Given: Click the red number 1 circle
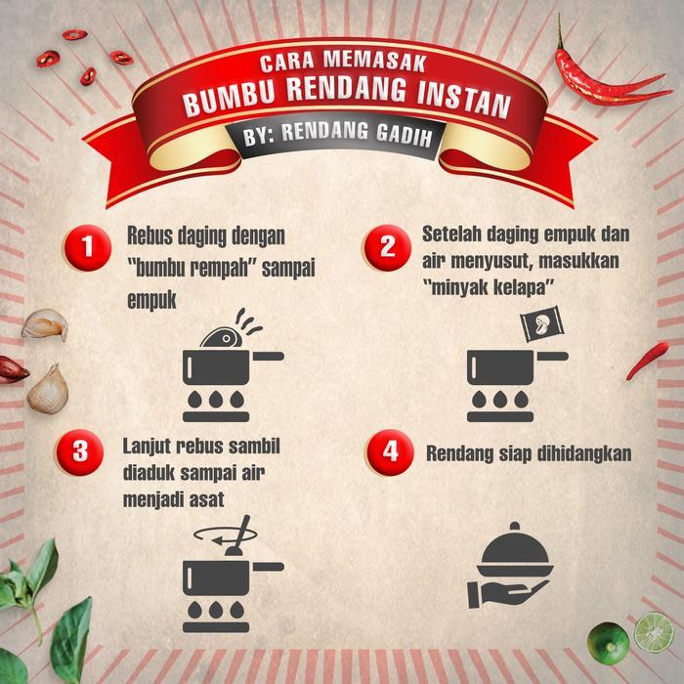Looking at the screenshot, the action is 88,247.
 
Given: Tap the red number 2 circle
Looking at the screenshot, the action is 388,247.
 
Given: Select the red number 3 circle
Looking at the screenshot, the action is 80,451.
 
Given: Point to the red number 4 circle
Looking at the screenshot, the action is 390,451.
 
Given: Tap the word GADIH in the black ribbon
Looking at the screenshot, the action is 405,136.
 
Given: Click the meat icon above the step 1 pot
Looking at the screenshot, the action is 221,338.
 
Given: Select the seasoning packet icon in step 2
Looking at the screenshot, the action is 542,323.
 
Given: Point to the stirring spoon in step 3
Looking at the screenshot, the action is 239,535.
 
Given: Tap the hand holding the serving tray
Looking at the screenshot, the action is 506,593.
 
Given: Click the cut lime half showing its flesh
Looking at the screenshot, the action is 654,632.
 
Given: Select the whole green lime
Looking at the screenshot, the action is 608,643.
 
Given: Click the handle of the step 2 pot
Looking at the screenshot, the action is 553,357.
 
